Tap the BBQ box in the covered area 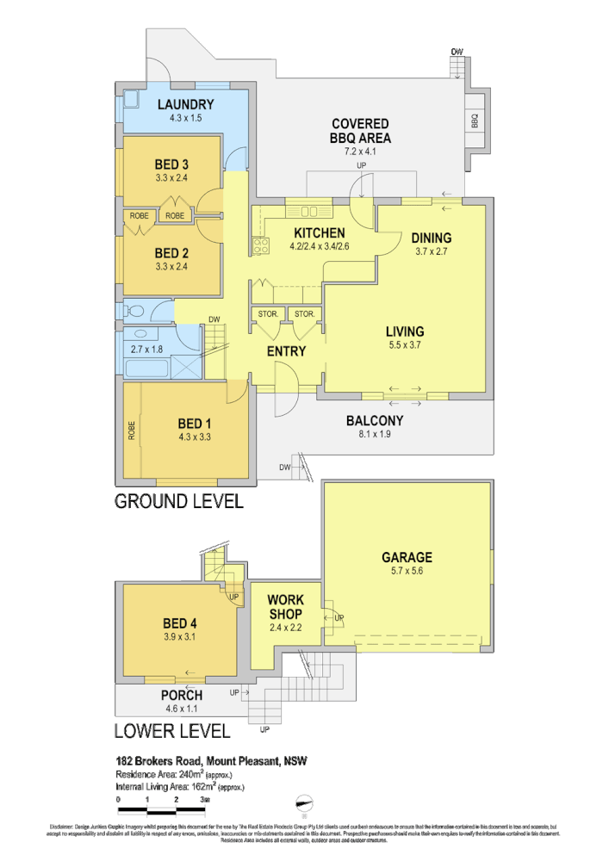475,122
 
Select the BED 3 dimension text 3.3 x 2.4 171,178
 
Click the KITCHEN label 319,233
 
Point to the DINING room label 431,238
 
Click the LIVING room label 404,331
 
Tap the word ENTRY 286,351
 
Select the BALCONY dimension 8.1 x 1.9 375,436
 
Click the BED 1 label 195,423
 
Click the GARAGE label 407,557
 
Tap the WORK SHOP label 284,606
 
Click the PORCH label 182,695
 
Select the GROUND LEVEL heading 179,500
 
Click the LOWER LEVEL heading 172,732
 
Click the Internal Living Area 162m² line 179,786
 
